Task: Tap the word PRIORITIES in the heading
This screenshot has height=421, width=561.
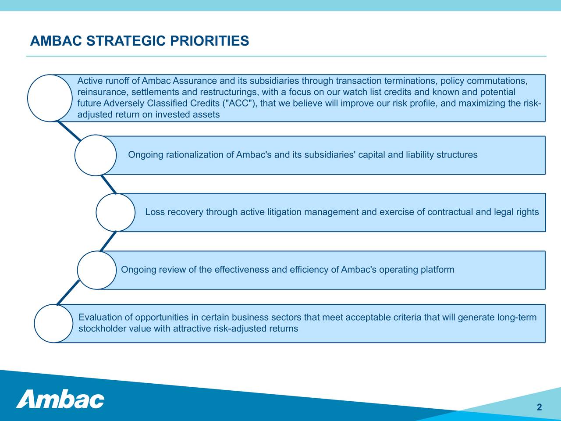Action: (x=209, y=41)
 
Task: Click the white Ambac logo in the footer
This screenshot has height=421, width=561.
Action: (x=60, y=399)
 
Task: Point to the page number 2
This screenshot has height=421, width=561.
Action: (x=539, y=407)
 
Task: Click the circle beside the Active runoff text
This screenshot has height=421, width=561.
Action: (x=28, y=98)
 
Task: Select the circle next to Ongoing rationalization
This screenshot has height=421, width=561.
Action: (x=75, y=155)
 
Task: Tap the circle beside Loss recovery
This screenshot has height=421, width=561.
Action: (x=96, y=212)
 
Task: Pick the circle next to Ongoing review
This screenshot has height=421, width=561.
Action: (x=78, y=270)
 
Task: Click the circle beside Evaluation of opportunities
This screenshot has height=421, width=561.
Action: (x=35, y=324)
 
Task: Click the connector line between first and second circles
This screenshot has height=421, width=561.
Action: (x=69, y=131)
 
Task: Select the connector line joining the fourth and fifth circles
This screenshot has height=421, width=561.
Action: (x=68, y=293)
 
